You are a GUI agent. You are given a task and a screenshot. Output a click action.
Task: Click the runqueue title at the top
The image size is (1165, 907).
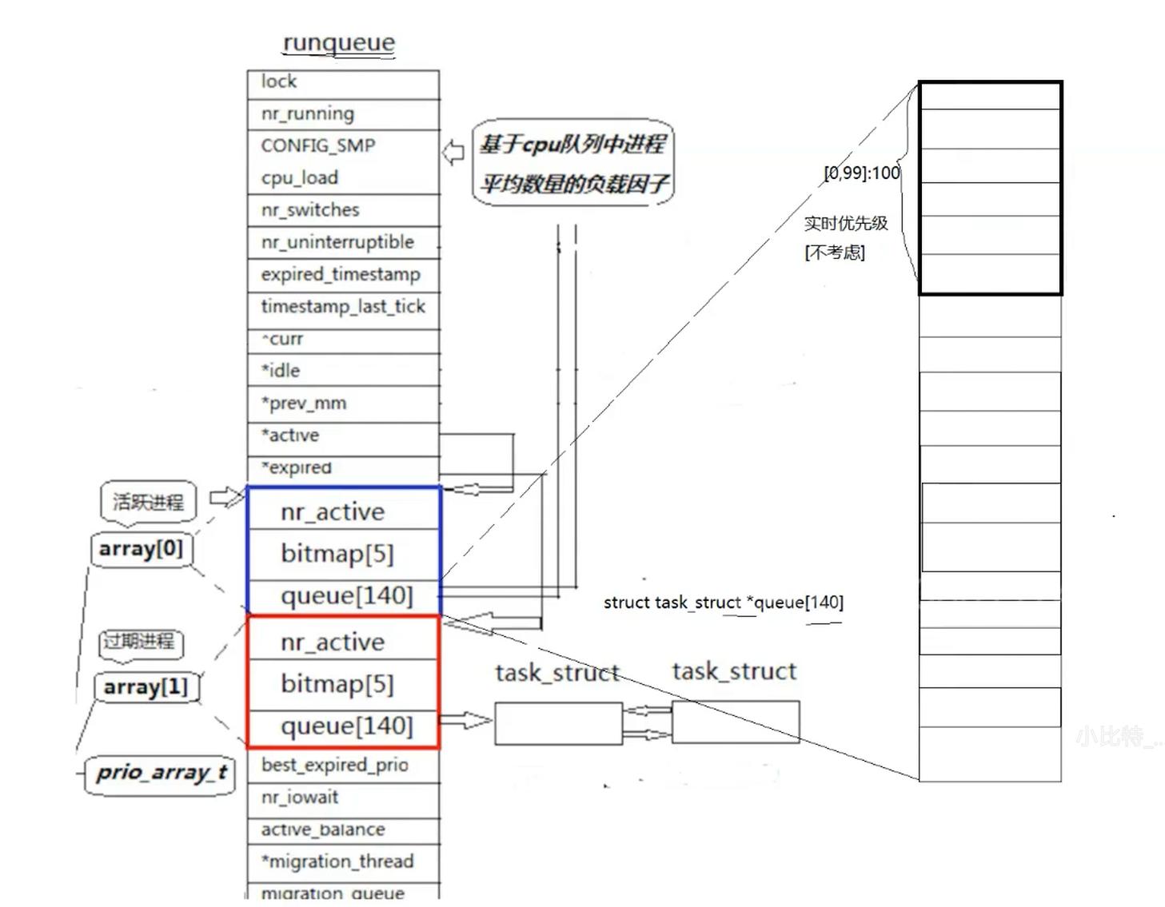click(338, 42)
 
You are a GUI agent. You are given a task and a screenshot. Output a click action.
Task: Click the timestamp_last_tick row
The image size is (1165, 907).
click(342, 306)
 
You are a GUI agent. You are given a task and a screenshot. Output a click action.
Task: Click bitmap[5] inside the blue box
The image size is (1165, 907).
click(337, 553)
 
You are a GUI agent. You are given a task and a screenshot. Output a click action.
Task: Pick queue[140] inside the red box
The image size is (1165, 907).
click(346, 726)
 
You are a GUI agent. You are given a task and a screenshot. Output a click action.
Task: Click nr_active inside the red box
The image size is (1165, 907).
click(332, 642)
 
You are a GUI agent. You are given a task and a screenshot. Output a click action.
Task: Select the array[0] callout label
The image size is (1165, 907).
click(141, 549)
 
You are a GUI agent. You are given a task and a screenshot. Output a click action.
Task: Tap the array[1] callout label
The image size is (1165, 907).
click(146, 687)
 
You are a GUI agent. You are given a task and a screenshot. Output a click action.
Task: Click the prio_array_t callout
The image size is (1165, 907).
click(161, 773)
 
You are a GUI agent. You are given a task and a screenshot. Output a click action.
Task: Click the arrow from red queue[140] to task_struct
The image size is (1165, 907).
click(465, 721)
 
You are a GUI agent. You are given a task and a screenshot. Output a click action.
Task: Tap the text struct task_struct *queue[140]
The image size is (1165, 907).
click(723, 603)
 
